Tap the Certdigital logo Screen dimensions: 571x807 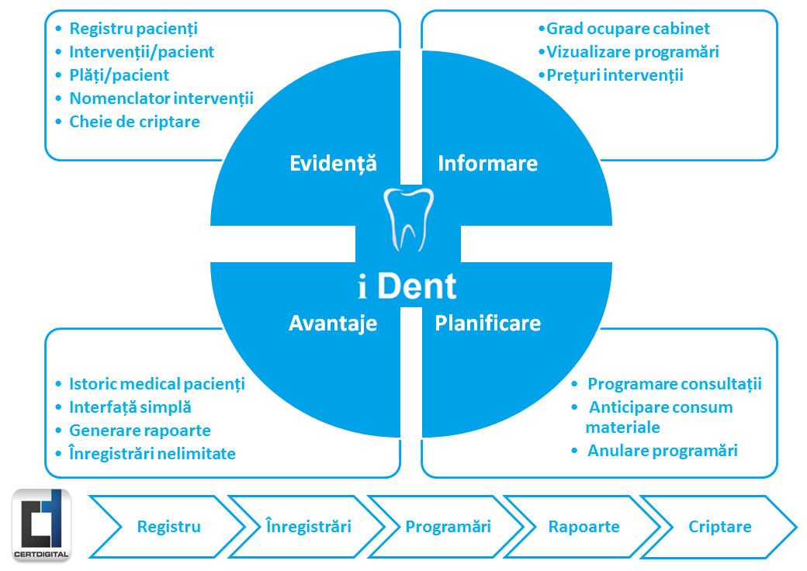42,524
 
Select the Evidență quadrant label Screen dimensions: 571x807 332,163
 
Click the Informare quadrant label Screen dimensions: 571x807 487,163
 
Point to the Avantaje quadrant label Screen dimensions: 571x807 332,323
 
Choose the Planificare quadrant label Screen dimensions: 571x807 487,323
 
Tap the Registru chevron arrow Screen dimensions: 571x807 168,527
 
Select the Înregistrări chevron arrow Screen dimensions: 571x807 308,527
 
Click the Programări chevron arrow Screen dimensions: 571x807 448,527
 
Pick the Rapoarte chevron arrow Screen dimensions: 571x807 584,527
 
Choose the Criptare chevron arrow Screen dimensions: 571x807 719,527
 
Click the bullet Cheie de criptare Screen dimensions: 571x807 134,122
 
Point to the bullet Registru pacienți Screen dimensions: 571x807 133,29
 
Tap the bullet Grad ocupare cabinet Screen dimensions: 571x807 628,29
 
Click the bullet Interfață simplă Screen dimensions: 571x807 130,407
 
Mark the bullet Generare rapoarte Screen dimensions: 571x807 140,431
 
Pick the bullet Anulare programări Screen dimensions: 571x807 662,451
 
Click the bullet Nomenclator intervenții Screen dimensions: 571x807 161,99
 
